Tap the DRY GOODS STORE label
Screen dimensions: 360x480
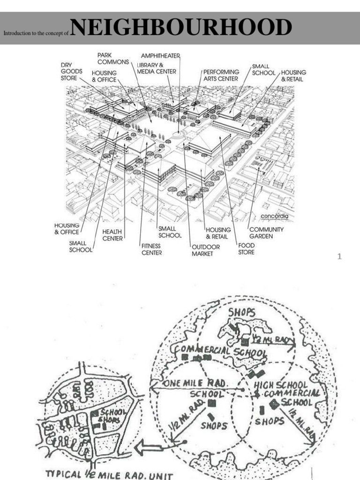71,71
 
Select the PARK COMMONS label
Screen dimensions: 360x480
113,59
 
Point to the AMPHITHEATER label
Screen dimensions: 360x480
161,56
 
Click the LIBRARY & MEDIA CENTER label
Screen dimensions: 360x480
157,68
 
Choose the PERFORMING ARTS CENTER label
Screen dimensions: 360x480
221,75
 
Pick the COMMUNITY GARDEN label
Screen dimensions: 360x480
266,233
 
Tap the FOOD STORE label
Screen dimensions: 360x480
246,248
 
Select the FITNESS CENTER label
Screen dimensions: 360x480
151,249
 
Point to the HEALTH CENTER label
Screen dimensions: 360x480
112,235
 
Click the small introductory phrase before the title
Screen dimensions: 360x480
36,34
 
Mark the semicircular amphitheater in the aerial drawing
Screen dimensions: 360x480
178,135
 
